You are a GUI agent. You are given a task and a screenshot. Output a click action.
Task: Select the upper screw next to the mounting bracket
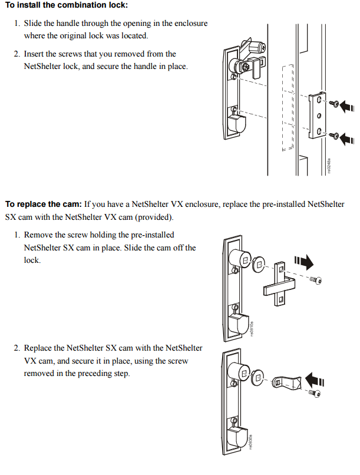click(x=333, y=104)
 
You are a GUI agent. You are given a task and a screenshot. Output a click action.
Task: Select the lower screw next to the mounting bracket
click(x=333, y=136)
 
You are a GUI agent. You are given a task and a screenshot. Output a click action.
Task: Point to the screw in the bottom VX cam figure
click(x=317, y=394)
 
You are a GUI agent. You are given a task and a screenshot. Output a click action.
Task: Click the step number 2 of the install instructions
click(x=17, y=54)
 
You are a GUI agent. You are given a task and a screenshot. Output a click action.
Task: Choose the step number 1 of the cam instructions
click(x=17, y=235)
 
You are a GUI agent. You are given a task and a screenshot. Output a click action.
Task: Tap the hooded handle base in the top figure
click(x=237, y=125)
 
